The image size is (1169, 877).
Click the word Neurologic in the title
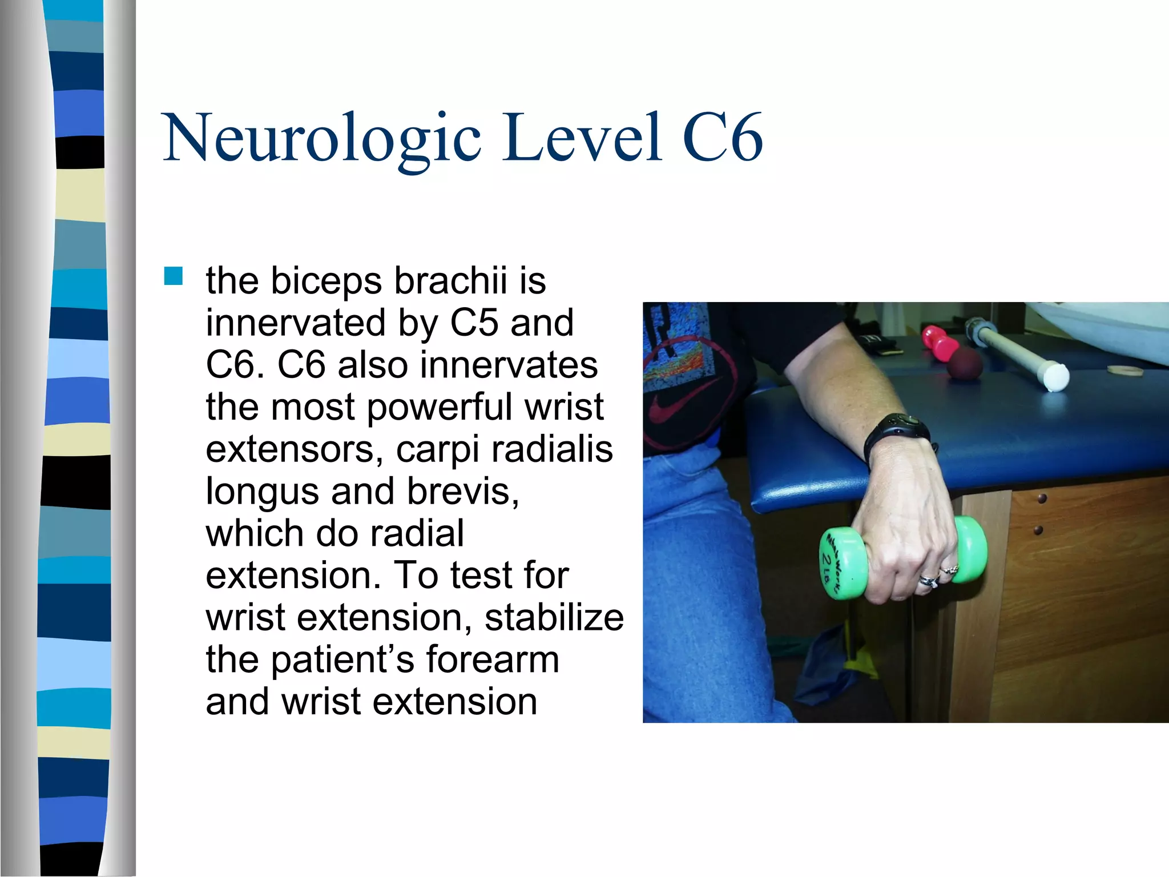point(323,138)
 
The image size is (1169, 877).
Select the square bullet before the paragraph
point(173,276)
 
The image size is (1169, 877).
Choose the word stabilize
point(554,617)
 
